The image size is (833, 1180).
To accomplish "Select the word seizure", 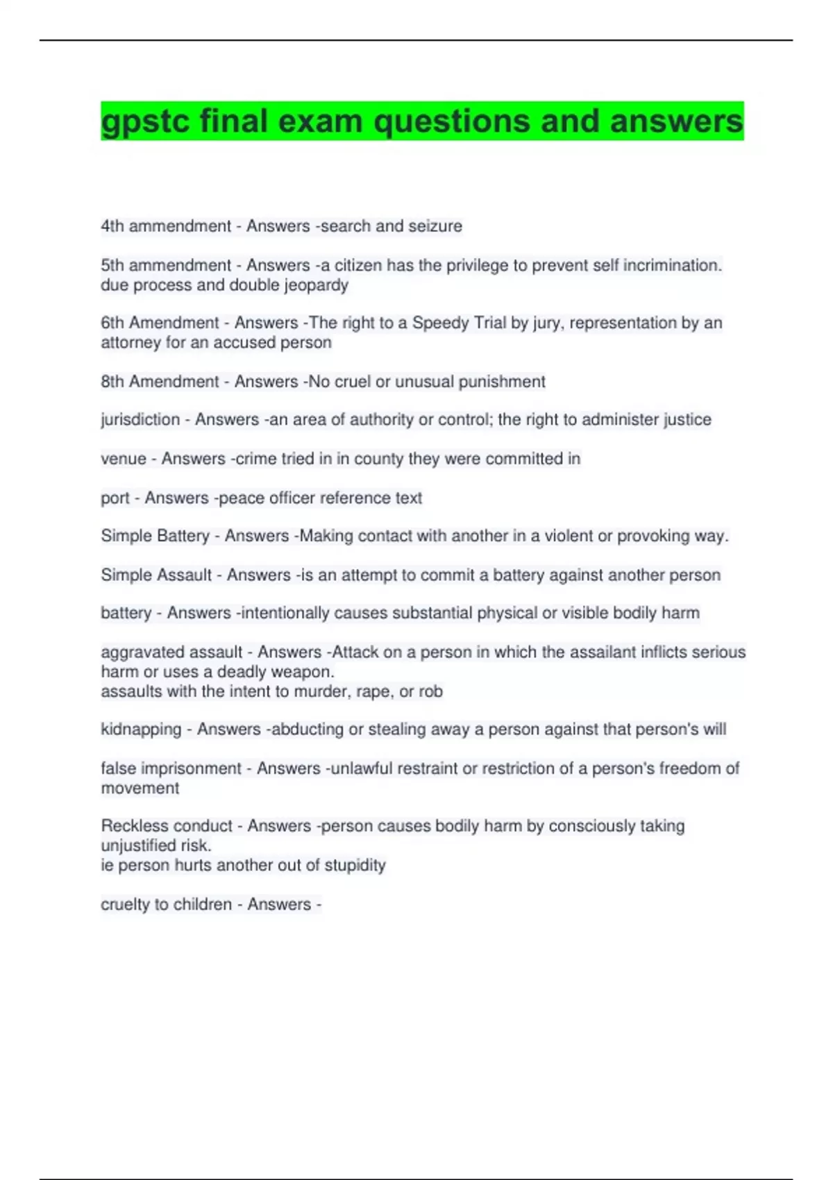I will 435,226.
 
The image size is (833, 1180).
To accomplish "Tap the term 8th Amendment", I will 160,382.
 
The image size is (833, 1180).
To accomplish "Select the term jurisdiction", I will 140,420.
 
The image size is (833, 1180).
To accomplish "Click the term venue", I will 124,459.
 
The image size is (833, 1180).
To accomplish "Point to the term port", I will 115,498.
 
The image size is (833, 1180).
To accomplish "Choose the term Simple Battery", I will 155,536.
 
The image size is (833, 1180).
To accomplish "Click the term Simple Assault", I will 156,575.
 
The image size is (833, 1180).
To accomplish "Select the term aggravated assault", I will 171,652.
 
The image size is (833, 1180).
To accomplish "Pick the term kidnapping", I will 141,730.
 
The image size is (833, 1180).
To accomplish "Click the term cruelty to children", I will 166,904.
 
